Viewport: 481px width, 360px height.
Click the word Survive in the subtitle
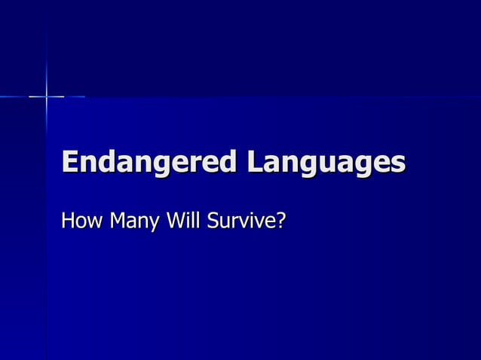(242, 222)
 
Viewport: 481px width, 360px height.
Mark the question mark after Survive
(280, 221)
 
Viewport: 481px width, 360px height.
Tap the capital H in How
(69, 221)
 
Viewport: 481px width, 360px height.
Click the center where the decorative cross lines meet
(46, 96)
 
